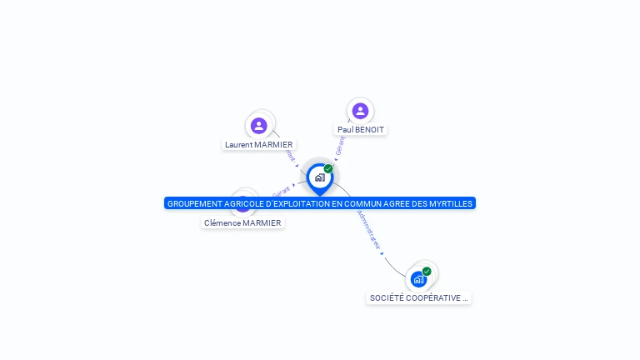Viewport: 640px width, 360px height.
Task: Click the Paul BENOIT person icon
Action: pyautogui.click(x=360, y=111)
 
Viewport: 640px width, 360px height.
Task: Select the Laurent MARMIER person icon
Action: pyautogui.click(x=259, y=126)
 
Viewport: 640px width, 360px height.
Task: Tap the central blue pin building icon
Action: pyautogui.click(x=319, y=177)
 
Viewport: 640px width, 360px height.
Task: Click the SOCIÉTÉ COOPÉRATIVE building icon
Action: pyautogui.click(x=418, y=279)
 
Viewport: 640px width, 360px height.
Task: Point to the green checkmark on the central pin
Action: pyautogui.click(x=328, y=169)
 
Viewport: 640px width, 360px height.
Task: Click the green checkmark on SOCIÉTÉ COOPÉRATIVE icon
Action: pyautogui.click(x=427, y=272)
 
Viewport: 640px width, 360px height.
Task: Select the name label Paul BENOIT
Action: pyautogui.click(x=361, y=130)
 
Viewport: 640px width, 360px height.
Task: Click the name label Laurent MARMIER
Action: pyautogui.click(x=259, y=145)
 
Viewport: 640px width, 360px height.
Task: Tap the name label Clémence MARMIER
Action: pyautogui.click(x=242, y=223)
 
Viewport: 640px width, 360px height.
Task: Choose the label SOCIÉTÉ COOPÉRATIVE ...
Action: pyautogui.click(x=418, y=298)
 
